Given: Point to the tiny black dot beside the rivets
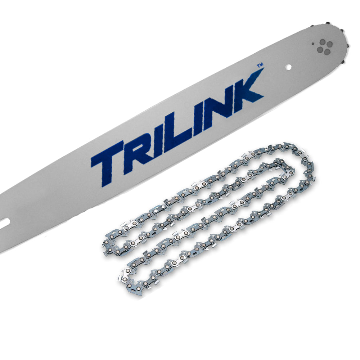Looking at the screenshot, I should point(313,45).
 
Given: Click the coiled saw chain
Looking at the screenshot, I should point(216,216).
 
